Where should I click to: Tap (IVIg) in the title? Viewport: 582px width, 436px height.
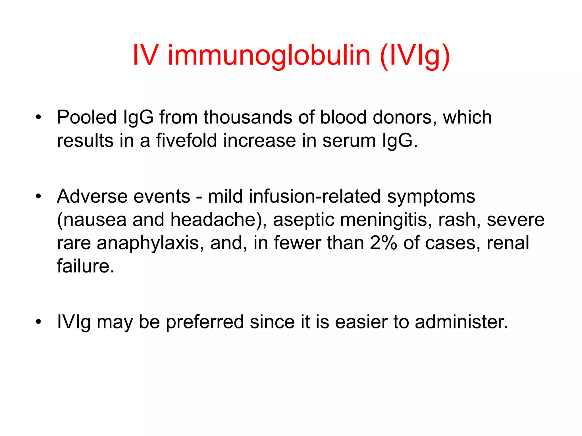coord(415,56)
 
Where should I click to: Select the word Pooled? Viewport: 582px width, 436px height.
coord(87,117)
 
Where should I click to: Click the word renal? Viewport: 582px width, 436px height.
coord(508,243)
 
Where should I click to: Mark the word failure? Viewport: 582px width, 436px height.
coord(85,266)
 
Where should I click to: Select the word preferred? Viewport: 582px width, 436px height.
coord(205,322)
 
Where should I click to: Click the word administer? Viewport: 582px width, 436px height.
coord(461,322)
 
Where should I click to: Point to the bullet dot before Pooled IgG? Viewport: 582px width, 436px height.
coord(39,117)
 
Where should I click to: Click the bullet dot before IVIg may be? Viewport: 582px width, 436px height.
coord(39,322)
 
